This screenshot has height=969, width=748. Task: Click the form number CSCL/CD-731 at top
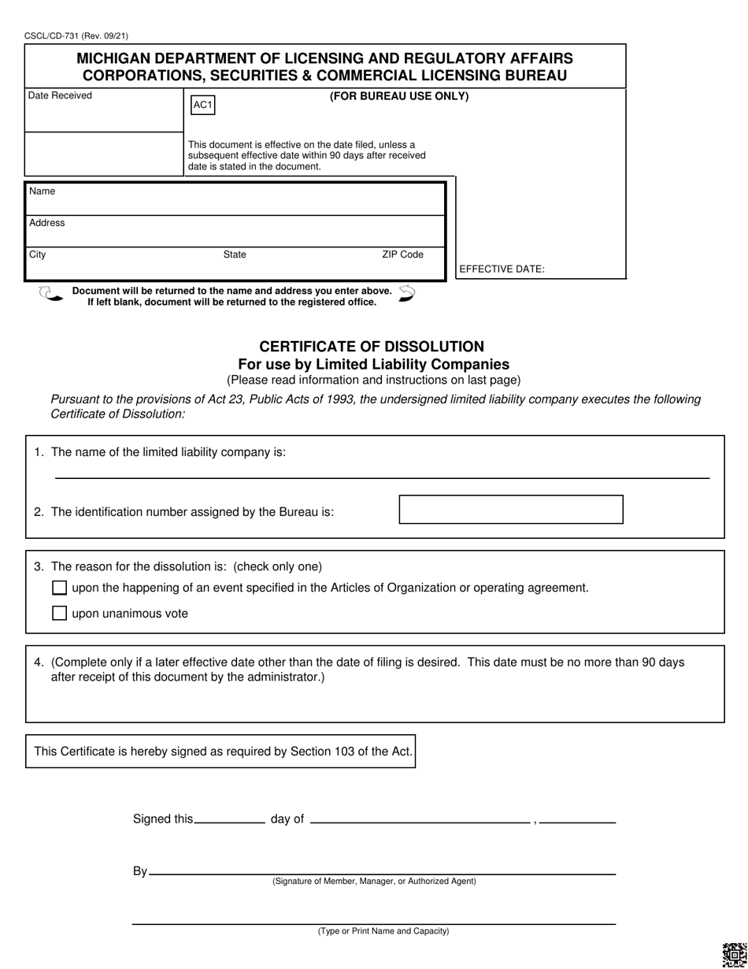(x=76, y=35)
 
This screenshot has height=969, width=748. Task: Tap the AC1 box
(x=203, y=106)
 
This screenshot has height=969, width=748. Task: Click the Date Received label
(x=60, y=96)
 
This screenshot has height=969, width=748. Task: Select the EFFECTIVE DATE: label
(x=502, y=269)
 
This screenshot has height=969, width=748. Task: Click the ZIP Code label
(x=402, y=254)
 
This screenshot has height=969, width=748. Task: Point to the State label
(x=235, y=254)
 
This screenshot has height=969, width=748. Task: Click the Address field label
(x=47, y=223)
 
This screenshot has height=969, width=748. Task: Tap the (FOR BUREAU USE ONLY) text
(x=398, y=96)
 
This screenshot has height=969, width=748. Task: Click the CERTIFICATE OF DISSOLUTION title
(x=372, y=347)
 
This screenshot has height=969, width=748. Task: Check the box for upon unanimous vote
(x=59, y=613)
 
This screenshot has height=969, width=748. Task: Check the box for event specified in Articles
(x=59, y=588)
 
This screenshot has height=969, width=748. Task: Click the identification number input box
(x=510, y=510)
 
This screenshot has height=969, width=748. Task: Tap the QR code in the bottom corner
(x=733, y=955)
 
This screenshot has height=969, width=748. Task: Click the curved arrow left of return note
(x=50, y=295)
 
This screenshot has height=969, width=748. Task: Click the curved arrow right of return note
(x=406, y=294)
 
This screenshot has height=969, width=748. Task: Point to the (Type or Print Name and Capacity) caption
(x=383, y=931)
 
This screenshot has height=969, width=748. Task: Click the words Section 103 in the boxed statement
(x=322, y=752)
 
